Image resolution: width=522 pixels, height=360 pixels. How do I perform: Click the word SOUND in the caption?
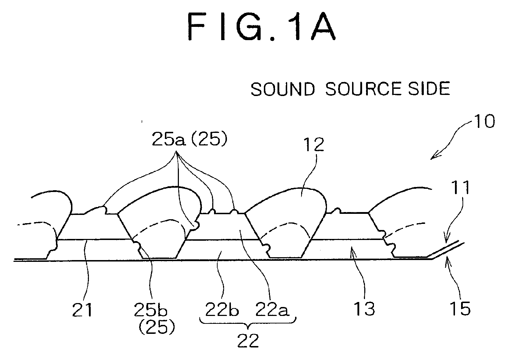[283, 89]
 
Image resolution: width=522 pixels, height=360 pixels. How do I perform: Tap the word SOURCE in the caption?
[363, 89]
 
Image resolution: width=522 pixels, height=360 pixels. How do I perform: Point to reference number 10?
[484, 121]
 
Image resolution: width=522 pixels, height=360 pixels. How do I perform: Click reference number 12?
[314, 145]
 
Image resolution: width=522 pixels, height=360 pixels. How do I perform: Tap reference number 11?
[460, 187]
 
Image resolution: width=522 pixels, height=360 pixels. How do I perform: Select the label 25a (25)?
[189, 139]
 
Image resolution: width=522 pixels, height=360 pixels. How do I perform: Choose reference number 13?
[364, 309]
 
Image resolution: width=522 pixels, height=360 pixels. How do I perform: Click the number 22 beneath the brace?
[248, 341]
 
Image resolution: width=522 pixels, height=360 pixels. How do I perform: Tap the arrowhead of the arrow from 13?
[353, 251]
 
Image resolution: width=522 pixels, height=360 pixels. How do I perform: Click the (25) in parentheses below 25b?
[157, 327]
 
